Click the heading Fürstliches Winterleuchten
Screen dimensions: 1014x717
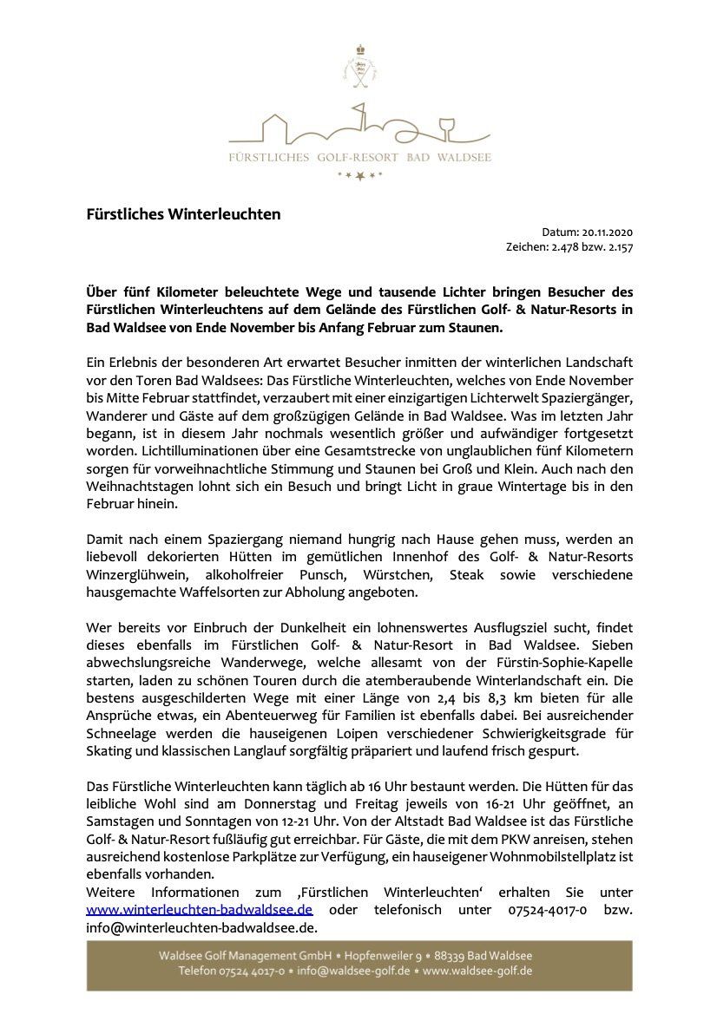[x=183, y=213]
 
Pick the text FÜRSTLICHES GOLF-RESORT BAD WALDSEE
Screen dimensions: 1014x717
[x=359, y=158]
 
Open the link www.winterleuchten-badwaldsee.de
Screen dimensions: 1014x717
[x=199, y=909]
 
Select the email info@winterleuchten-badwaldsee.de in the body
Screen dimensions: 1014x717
[x=194, y=926]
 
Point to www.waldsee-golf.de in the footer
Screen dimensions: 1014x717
[x=478, y=971]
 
